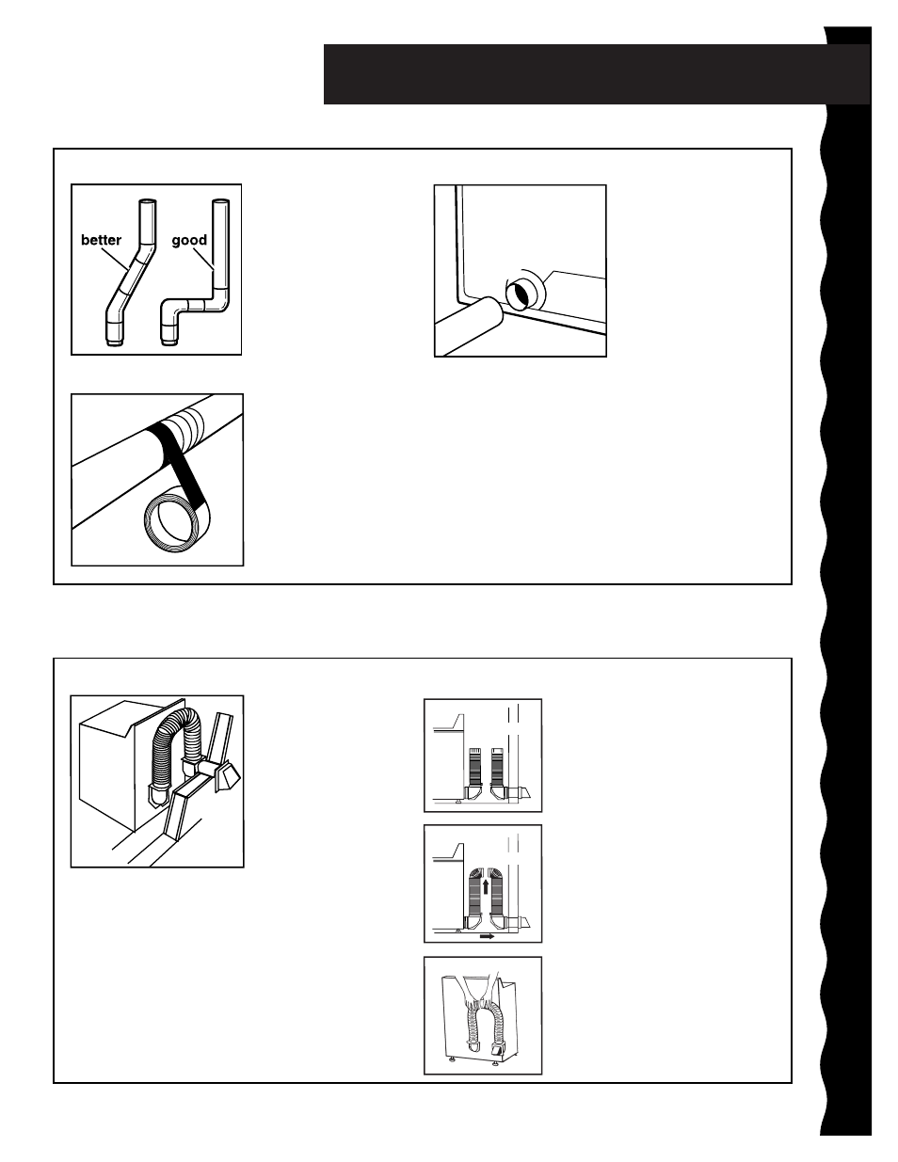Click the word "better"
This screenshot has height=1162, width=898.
(x=101, y=240)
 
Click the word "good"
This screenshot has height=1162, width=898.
(x=189, y=241)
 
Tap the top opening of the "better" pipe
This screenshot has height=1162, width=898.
(x=149, y=201)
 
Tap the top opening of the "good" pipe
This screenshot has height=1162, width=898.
(x=221, y=201)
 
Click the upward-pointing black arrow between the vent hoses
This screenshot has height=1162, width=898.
(x=485, y=887)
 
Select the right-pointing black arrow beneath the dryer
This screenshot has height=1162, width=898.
(x=488, y=936)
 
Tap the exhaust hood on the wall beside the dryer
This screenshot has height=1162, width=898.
(x=227, y=776)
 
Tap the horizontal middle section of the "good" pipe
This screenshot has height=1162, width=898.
(x=197, y=306)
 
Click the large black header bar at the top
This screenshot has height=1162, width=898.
(x=597, y=73)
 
